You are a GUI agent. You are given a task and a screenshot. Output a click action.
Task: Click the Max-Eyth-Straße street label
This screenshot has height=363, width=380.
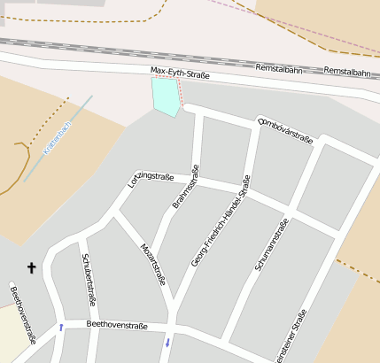[180, 74]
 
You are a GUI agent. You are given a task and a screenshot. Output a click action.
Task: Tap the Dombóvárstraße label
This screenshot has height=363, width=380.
[284, 129]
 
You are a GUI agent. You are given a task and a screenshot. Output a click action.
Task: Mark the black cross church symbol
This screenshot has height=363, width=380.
[32, 266]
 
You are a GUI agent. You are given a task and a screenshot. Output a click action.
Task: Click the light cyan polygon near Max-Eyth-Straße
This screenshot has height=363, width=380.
[165, 96]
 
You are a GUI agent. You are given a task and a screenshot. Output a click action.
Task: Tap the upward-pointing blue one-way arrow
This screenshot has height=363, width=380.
[61, 328]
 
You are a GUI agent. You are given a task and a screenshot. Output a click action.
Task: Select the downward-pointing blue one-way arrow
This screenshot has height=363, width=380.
[166, 342]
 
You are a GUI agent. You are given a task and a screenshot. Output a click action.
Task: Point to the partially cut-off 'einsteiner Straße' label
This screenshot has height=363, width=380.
[296, 338]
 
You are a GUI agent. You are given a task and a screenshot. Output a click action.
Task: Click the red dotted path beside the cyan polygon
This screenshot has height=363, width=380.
[180, 93]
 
